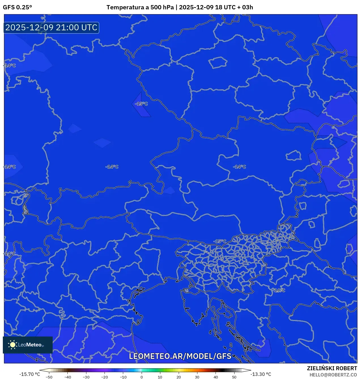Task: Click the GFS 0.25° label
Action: coord(17,7)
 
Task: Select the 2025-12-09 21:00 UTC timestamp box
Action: coord(51,27)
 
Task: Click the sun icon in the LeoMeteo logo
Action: coord(12,344)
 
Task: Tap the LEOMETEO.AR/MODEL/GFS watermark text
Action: coord(180,356)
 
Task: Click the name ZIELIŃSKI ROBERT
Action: coord(332,368)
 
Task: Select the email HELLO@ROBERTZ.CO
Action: coord(333,375)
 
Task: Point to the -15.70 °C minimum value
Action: coord(29,374)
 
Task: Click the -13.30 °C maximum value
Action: coord(261,374)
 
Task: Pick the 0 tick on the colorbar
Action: coord(142,377)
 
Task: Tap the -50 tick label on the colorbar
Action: coord(49,377)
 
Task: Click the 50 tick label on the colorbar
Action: coord(234,377)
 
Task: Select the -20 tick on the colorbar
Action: coord(105,377)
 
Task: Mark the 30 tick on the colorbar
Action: coord(197,377)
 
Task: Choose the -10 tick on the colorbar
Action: coord(123,377)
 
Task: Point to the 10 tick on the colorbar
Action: coord(160,377)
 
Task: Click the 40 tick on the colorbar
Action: coord(216,377)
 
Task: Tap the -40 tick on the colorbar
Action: coord(67,377)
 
